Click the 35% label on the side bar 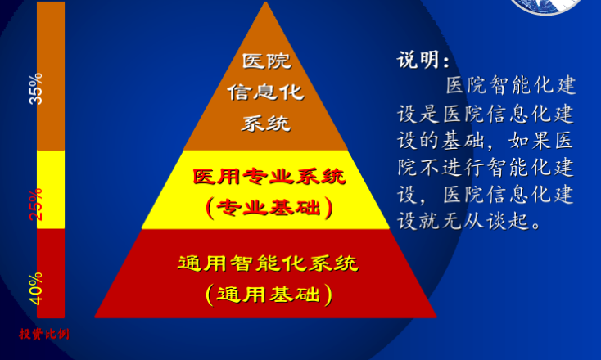tap(36, 89)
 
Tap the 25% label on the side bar tap(36, 205)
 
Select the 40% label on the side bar tap(36, 289)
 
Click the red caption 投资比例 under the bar tap(44, 334)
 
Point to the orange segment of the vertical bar tap(51, 76)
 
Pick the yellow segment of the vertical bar tap(51, 190)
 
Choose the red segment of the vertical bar tap(51, 273)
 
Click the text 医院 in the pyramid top tap(266, 61)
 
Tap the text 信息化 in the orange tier tap(265, 92)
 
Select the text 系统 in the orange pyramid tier tap(265, 124)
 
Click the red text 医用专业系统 tap(269, 177)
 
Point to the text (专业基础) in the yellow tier tap(269, 208)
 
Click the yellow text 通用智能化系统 tap(268, 263)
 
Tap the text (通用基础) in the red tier tap(269, 295)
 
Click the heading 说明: tap(423, 60)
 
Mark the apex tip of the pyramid tap(265, 2)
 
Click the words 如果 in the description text tap(530, 141)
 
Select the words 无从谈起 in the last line tap(486, 221)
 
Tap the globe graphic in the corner tap(547, 7)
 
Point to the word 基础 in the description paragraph tap(463, 141)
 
